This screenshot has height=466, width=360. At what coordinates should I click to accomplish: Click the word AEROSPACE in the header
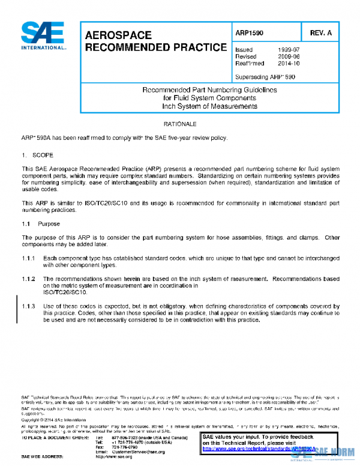[118, 35]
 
